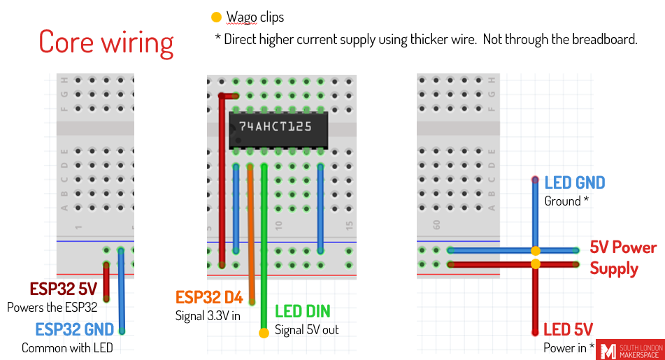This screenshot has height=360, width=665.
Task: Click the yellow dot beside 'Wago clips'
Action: coord(216,17)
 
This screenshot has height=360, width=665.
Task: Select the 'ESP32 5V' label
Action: coord(64,289)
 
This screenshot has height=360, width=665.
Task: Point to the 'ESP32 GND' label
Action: coord(75,330)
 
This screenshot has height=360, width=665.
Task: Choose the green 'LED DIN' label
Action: coord(302,312)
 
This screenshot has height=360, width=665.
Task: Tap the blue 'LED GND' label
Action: coord(575,183)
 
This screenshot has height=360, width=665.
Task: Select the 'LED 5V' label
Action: coord(568,329)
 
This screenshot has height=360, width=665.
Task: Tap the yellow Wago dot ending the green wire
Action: coord(264,333)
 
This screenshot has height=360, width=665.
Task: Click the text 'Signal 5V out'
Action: coord(306,329)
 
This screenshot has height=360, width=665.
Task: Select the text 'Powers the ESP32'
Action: coord(52,307)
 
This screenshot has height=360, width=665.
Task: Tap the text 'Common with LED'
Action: coord(67,347)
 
